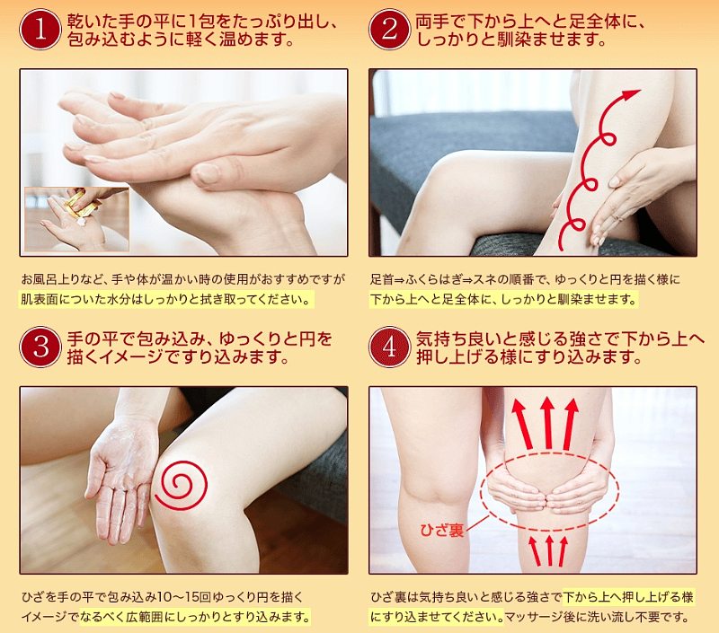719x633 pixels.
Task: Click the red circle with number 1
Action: (40, 29)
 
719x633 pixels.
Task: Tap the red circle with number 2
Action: (389, 29)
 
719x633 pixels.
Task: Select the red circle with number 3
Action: (40, 347)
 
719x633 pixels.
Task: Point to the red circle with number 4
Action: (389, 347)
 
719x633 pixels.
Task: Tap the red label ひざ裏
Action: (442, 530)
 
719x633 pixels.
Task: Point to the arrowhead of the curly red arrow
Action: (632, 94)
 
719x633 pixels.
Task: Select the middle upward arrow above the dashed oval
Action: (547, 422)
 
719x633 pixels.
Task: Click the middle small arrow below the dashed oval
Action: (549, 550)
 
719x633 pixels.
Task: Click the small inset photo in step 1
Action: (77, 219)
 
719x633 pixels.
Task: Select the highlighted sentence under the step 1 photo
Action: (166, 300)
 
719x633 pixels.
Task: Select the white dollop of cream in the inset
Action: (82, 221)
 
